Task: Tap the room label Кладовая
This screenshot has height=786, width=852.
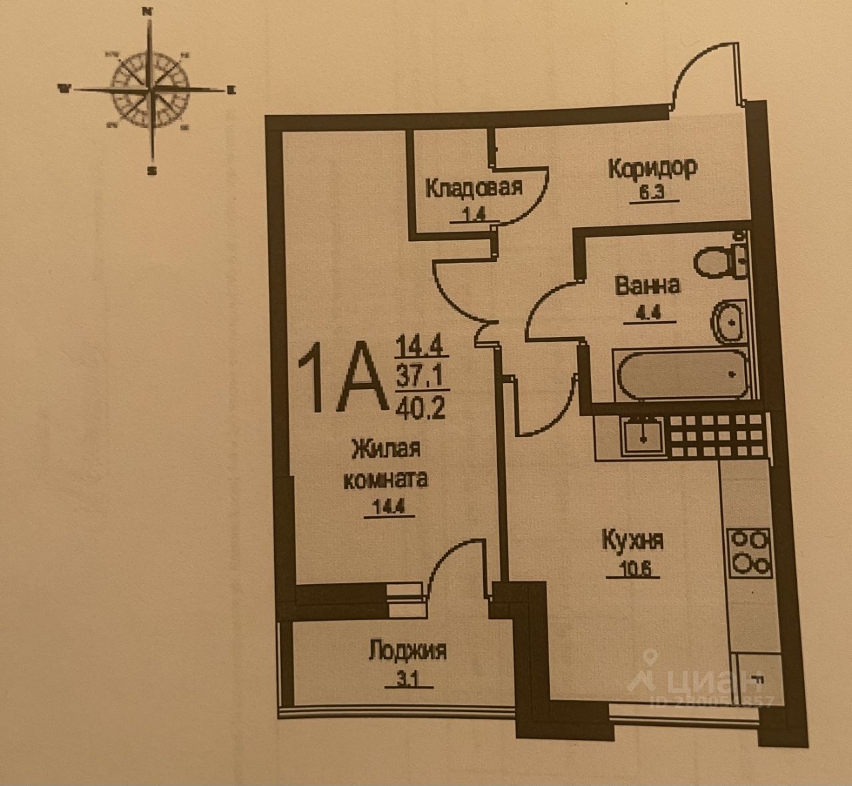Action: click(x=473, y=187)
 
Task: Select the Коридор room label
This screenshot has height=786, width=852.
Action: click(x=652, y=167)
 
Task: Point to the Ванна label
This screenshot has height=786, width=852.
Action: click(x=648, y=286)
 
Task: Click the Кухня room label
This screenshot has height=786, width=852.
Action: click(x=632, y=540)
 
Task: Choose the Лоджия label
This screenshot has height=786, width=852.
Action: click(x=407, y=651)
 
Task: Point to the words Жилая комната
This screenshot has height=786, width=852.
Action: click(x=386, y=464)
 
